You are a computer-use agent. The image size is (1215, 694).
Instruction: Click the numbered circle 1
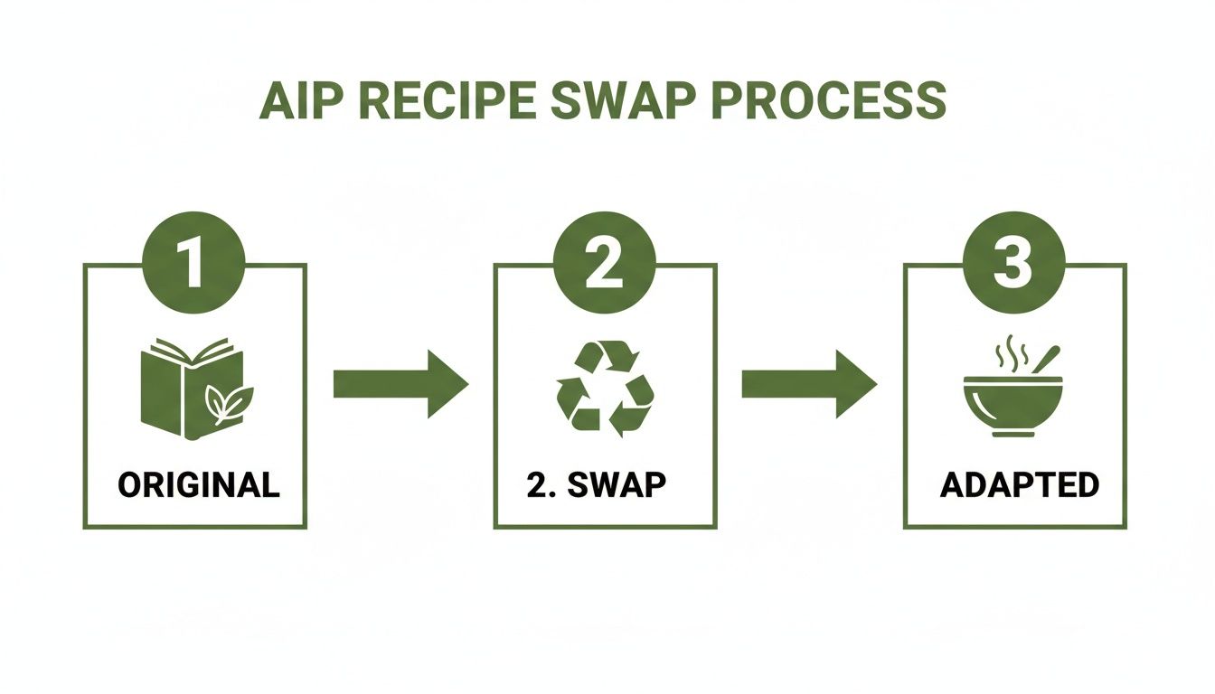point(194,263)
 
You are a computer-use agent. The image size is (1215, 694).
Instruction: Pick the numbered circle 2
point(605,263)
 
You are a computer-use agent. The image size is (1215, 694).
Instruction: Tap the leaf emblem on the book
point(230,402)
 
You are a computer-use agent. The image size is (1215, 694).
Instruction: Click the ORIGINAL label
point(199,485)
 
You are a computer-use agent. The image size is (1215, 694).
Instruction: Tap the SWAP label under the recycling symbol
point(617,485)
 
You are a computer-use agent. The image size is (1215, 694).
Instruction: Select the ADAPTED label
point(1020,485)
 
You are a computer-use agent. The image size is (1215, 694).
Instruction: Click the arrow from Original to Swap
point(400,384)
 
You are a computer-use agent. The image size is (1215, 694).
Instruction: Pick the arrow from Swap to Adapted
point(809,384)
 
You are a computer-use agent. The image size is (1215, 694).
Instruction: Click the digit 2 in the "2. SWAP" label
point(536,485)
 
